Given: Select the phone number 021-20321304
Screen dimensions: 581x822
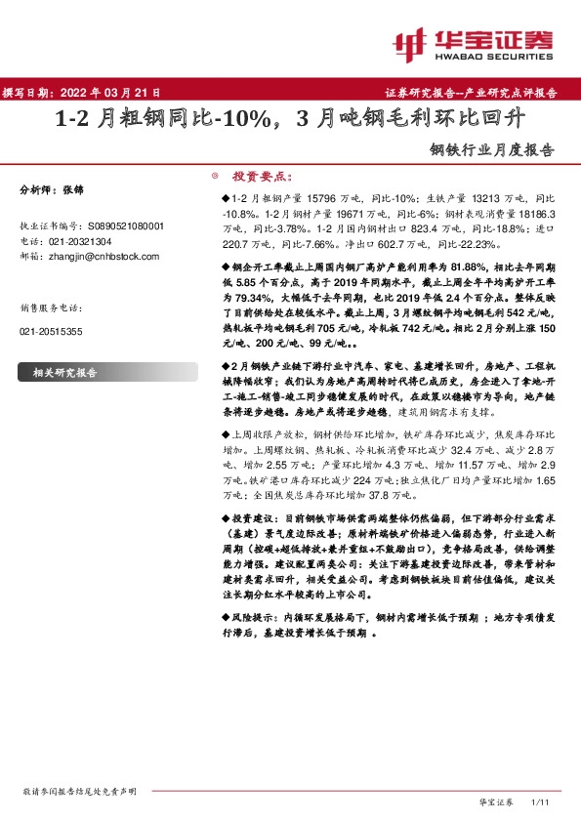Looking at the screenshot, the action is click(79, 240).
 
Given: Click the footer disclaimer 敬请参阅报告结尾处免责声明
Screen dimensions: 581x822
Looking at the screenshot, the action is click(79, 789).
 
